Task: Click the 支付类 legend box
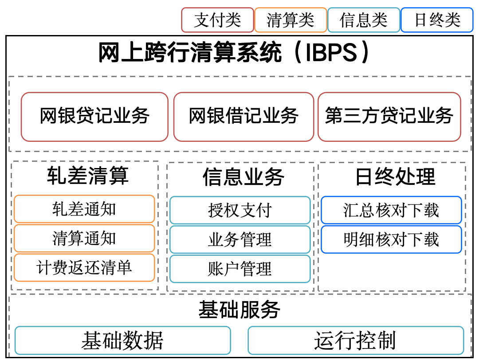point(217,20)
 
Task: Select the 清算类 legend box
point(291,20)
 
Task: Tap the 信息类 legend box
point(364,20)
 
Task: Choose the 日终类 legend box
point(437,20)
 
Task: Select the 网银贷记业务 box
point(95,117)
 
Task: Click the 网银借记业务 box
point(244,117)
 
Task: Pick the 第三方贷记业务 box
point(389,117)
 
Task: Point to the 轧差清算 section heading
point(88,176)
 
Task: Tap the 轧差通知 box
point(84,209)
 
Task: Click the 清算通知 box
point(84,238)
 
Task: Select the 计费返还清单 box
point(84,267)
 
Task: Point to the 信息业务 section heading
point(243,177)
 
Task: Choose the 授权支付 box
point(240,211)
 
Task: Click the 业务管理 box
point(240,240)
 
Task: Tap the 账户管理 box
point(240,269)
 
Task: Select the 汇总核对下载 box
point(391,211)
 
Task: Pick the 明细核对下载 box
point(391,240)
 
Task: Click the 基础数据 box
point(122,340)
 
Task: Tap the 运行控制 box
point(356,340)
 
